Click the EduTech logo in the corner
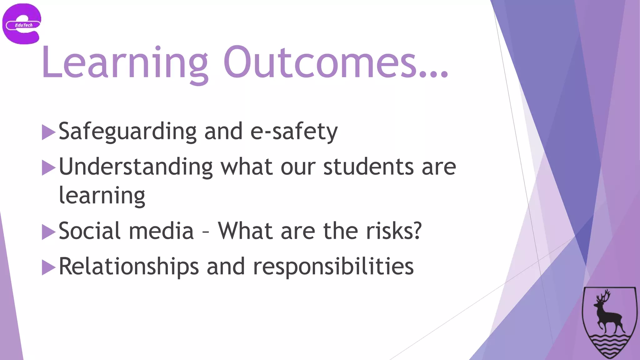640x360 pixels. coord(22,24)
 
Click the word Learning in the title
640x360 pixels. coord(124,62)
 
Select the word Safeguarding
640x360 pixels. coord(127,132)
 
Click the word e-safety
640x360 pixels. coord(294,132)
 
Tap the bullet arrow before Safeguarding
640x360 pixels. coord(48,132)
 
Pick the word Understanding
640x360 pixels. coord(136,167)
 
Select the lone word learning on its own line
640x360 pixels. coord(102,196)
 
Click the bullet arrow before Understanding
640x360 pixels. coord(48,167)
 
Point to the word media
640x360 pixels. coord(161,231)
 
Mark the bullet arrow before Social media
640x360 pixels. coord(48,232)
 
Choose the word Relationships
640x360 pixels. coord(129,267)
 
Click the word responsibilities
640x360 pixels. coord(333,267)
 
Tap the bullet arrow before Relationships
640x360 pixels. coord(48,267)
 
